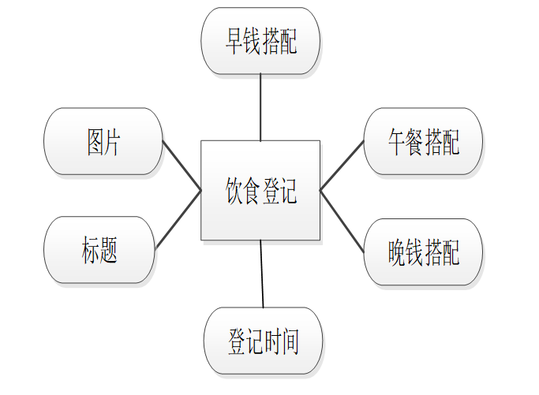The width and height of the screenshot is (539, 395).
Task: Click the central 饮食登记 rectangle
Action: pos(260,190)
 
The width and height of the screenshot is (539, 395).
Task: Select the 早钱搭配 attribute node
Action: pos(260,41)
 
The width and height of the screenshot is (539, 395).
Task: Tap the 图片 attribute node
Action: pos(103,141)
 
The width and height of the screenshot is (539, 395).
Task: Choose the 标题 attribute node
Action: pos(99,249)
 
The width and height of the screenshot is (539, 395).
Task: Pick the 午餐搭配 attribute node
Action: pos(422,141)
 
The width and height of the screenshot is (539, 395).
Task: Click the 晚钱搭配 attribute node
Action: pos(422,252)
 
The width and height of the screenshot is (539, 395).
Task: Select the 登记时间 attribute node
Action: pos(263,341)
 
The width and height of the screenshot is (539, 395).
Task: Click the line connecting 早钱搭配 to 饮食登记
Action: pos(260,107)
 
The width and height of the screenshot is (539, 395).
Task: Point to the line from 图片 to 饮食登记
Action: pos(182,166)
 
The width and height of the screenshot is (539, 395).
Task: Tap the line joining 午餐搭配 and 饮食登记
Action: pos(342,166)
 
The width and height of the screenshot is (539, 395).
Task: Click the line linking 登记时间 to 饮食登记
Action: pos(262,274)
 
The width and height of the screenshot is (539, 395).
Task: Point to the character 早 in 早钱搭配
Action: pos(234,41)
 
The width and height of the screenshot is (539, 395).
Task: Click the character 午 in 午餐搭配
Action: pos(396,142)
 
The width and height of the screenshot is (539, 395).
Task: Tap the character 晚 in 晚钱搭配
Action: pos(396,252)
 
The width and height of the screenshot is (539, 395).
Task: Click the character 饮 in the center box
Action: pos(235,191)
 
